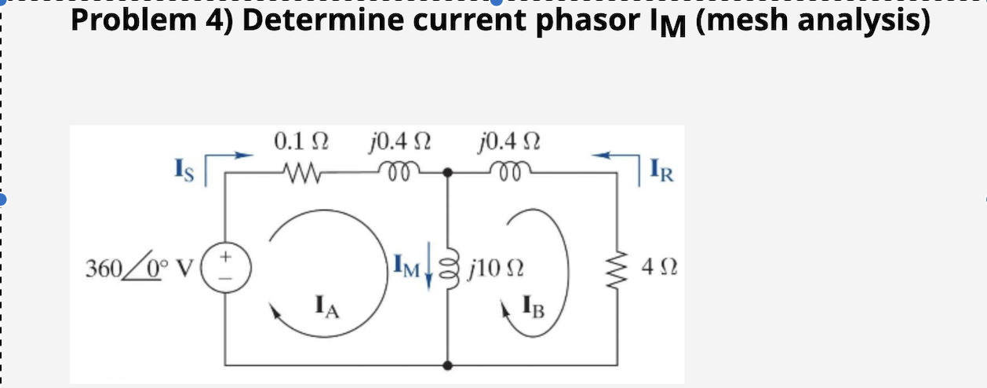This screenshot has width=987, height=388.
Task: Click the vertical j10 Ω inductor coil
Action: pos(450,267)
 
